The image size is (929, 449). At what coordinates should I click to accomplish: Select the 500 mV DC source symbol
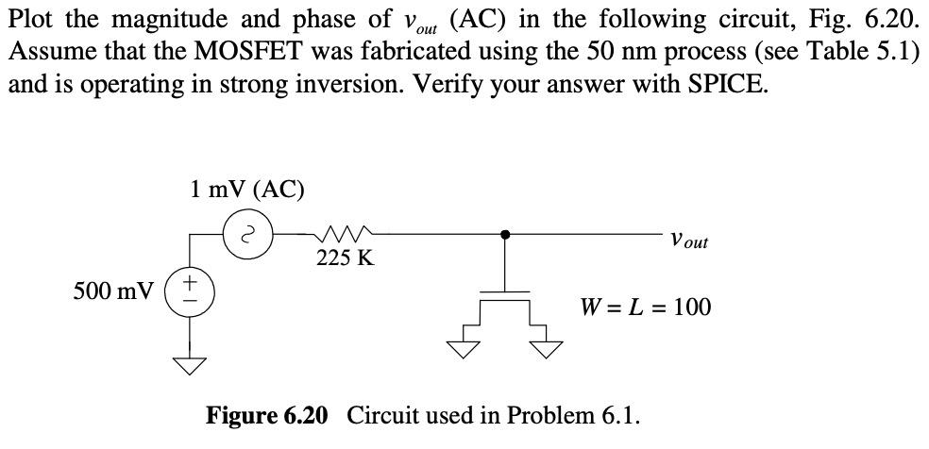coord(191,289)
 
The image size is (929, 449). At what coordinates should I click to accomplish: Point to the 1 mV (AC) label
coord(245,190)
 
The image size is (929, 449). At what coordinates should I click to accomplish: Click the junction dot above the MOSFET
coord(506,233)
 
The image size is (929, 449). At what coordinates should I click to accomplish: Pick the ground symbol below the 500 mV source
coord(191,365)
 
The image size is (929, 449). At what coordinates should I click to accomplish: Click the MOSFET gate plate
coord(506,292)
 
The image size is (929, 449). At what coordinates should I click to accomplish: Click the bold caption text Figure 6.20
coord(267,415)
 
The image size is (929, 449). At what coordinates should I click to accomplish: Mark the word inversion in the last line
coord(329,83)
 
